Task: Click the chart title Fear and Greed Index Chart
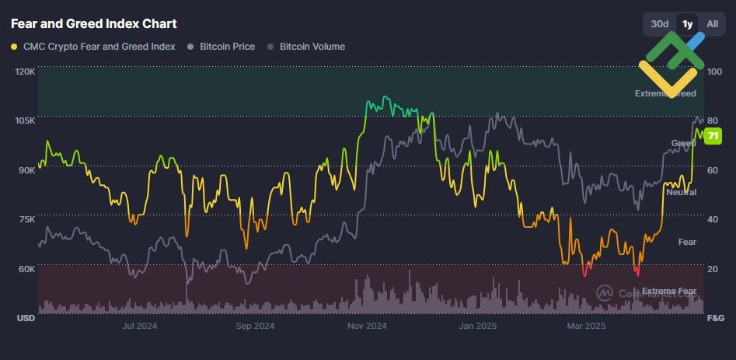(x=93, y=24)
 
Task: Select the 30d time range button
(x=659, y=24)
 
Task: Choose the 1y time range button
(x=687, y=24)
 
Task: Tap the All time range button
(x=712, y=24)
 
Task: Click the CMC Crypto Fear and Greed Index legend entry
(x=93, y=47)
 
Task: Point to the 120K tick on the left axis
(x=25, y=72)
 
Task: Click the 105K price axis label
(x=25, y=121)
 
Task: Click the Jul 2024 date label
(x=140, y=326)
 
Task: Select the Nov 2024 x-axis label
(x=367, y=326)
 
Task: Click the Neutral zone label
(x=681, y=192)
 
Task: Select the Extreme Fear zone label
(x=669, y=292)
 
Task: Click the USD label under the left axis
(x=26, y=318)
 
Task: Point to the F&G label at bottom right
(x=715, y=318)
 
